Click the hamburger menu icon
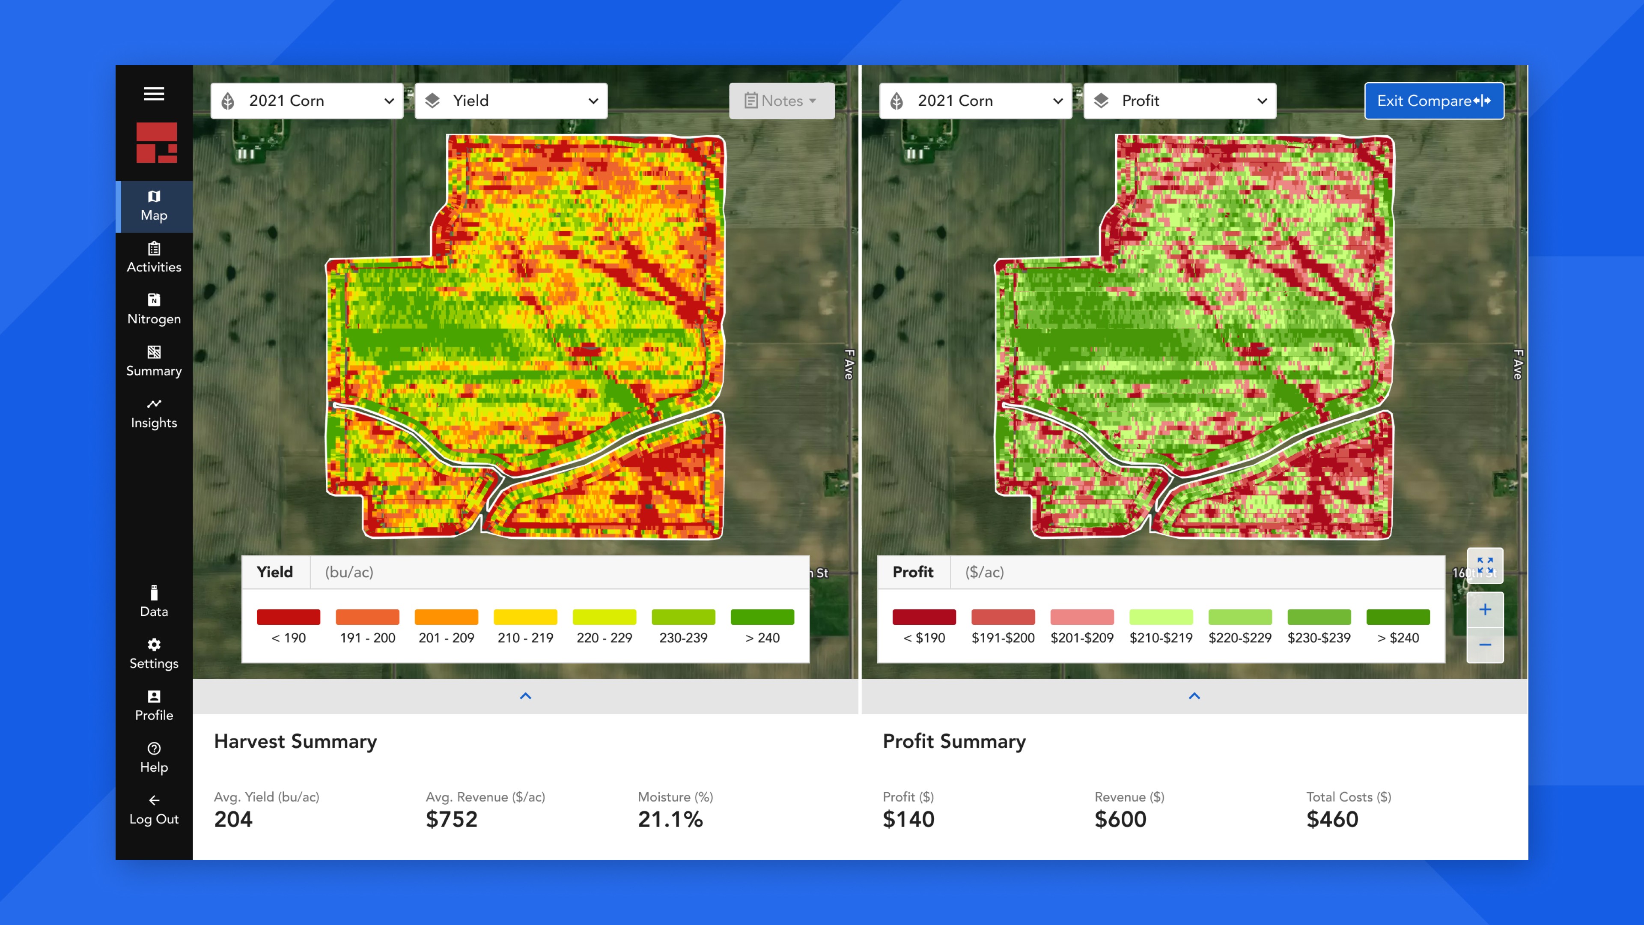point(154,94)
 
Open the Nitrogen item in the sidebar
point(154,310)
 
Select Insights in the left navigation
point(154,414)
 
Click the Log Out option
point(154,810)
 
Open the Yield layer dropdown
point(511,101)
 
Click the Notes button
point(782,101)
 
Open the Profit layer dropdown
point(1180,101)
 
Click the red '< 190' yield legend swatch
point(289,617)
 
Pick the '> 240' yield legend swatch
point(762,617)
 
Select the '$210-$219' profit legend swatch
point(1161,617)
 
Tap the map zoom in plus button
point(1485,610)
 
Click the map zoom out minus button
point(1485,645)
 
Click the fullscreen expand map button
point(1485,566)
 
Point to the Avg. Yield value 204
point(234,819)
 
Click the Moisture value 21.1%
point(670,819)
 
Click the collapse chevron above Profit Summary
point(1194,696)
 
